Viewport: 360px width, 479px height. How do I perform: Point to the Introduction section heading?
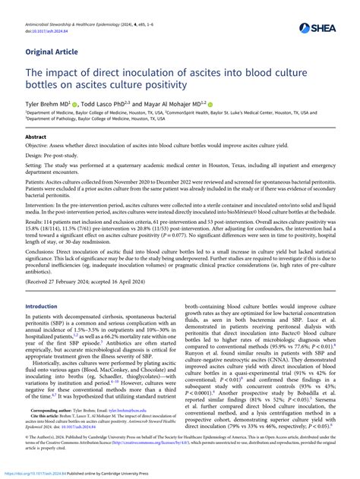point(42,327)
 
